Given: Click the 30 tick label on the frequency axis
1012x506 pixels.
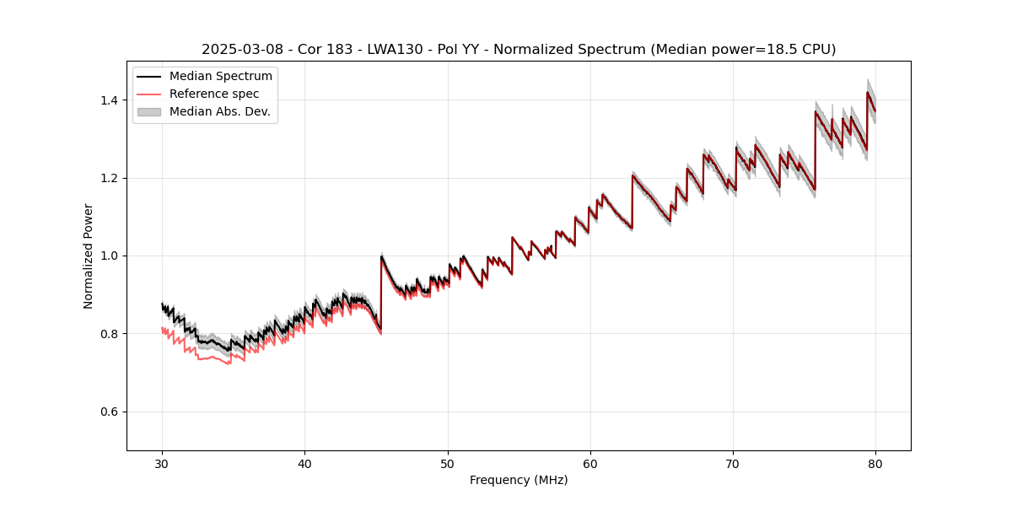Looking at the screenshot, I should point(163,463).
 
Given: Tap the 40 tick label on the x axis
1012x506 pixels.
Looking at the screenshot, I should point(305,463).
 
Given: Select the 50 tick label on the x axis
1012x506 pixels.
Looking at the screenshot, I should point(448,463).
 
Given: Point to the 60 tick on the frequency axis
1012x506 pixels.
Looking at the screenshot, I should point(590,463).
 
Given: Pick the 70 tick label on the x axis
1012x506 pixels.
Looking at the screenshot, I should point(733,463).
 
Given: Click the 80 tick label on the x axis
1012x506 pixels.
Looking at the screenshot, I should point(875,463).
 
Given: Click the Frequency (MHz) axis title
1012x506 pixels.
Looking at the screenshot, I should point(519,480).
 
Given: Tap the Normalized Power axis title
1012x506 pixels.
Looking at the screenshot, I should point(89,256).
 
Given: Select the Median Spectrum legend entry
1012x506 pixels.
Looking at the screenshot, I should point(220,77).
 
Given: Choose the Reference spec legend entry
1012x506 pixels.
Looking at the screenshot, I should point(214,94).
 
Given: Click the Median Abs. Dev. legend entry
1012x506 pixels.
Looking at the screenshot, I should point(219,111).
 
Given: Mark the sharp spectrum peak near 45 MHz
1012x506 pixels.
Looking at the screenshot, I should point(382,256).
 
